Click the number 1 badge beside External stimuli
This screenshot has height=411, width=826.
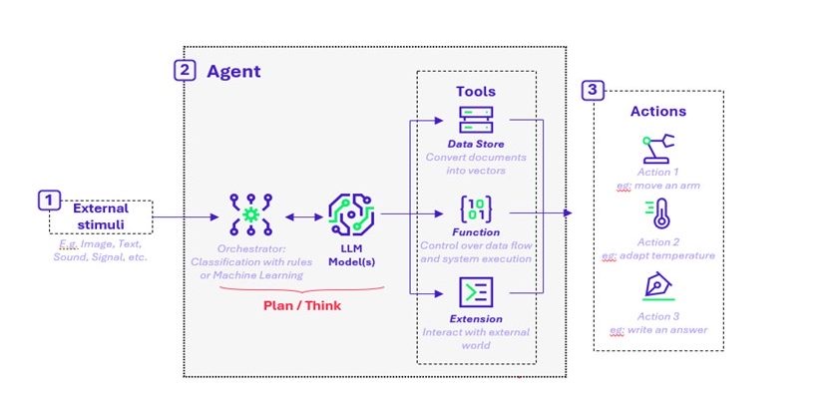point(48,201)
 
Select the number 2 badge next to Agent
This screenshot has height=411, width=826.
point(185,71)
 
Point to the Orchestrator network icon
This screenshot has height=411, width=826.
point(245,213)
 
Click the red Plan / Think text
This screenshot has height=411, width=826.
point(301,305)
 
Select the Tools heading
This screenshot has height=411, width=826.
point(476,91)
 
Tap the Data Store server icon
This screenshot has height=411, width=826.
point(476,121)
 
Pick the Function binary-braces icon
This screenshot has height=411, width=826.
point(476,209)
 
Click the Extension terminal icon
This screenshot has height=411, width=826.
point(475,291)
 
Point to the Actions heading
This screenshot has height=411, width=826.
point(657,111)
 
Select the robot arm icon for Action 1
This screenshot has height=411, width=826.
point(657,149)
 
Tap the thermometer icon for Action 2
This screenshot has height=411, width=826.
point(657,214)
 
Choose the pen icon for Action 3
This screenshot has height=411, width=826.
point(657,287)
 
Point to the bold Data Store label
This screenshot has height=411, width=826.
point(475,144)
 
